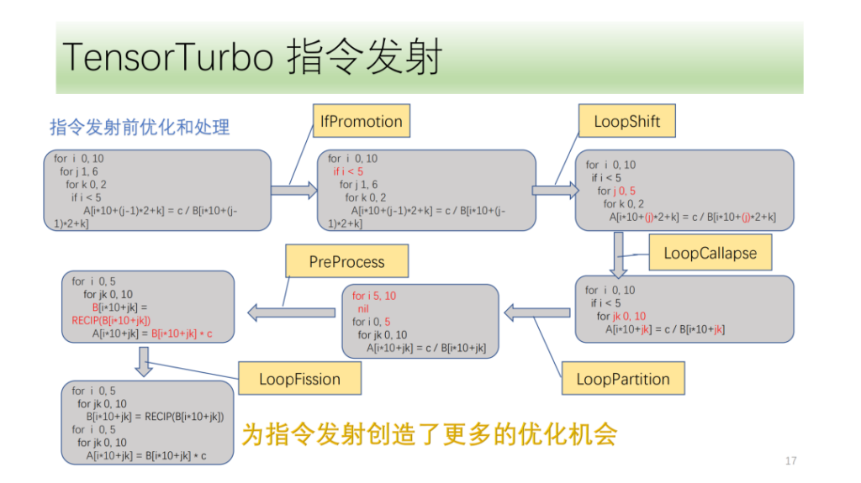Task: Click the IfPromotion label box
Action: click(362, 121)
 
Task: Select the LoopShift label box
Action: click(627, 121)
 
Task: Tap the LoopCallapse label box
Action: click(710, 253)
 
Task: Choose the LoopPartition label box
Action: click(623, 378)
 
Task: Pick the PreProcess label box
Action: click(347, 261)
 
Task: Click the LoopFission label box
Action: click(300, 378)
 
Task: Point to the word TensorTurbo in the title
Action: click(168, 57)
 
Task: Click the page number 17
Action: click(790, 460)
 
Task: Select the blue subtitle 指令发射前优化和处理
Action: click(140, 127)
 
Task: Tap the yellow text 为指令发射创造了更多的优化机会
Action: click(430, 433)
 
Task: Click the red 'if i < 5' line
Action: click(348, 171)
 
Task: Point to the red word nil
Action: click(363, 308)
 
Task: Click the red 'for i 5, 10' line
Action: click(374, 296)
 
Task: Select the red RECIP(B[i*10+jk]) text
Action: click(111, 320)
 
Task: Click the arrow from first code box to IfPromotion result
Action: click(294, 190)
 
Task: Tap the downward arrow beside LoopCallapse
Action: click(618, 255)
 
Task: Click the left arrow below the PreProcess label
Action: click(292, 312)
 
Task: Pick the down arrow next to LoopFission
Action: click(144, 362)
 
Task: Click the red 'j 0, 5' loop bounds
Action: click(625, 191)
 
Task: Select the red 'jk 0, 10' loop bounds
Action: click(629, 316)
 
